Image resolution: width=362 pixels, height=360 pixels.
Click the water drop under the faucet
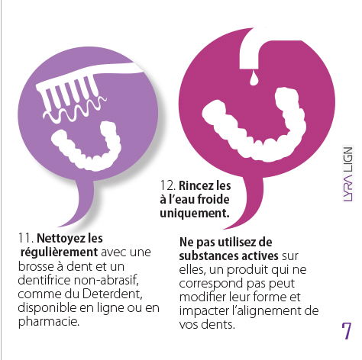(x=254, y=79)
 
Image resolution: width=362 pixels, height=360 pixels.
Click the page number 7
(x=346, y=330)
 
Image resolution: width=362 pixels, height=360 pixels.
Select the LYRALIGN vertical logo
(x=348, y=174)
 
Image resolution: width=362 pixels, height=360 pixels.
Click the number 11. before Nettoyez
(x=26, y=239)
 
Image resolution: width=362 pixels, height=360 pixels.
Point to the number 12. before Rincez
(x=168, y=185)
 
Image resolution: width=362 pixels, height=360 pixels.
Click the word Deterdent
(x=112, y=294)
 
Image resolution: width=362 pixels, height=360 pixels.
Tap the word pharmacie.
(x=49, y=322)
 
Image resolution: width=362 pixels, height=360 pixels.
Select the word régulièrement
(x=59, y=252)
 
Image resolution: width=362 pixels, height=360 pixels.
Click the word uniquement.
(x=195, y=213)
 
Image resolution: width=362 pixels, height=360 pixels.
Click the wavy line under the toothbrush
(x=74, y=108)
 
